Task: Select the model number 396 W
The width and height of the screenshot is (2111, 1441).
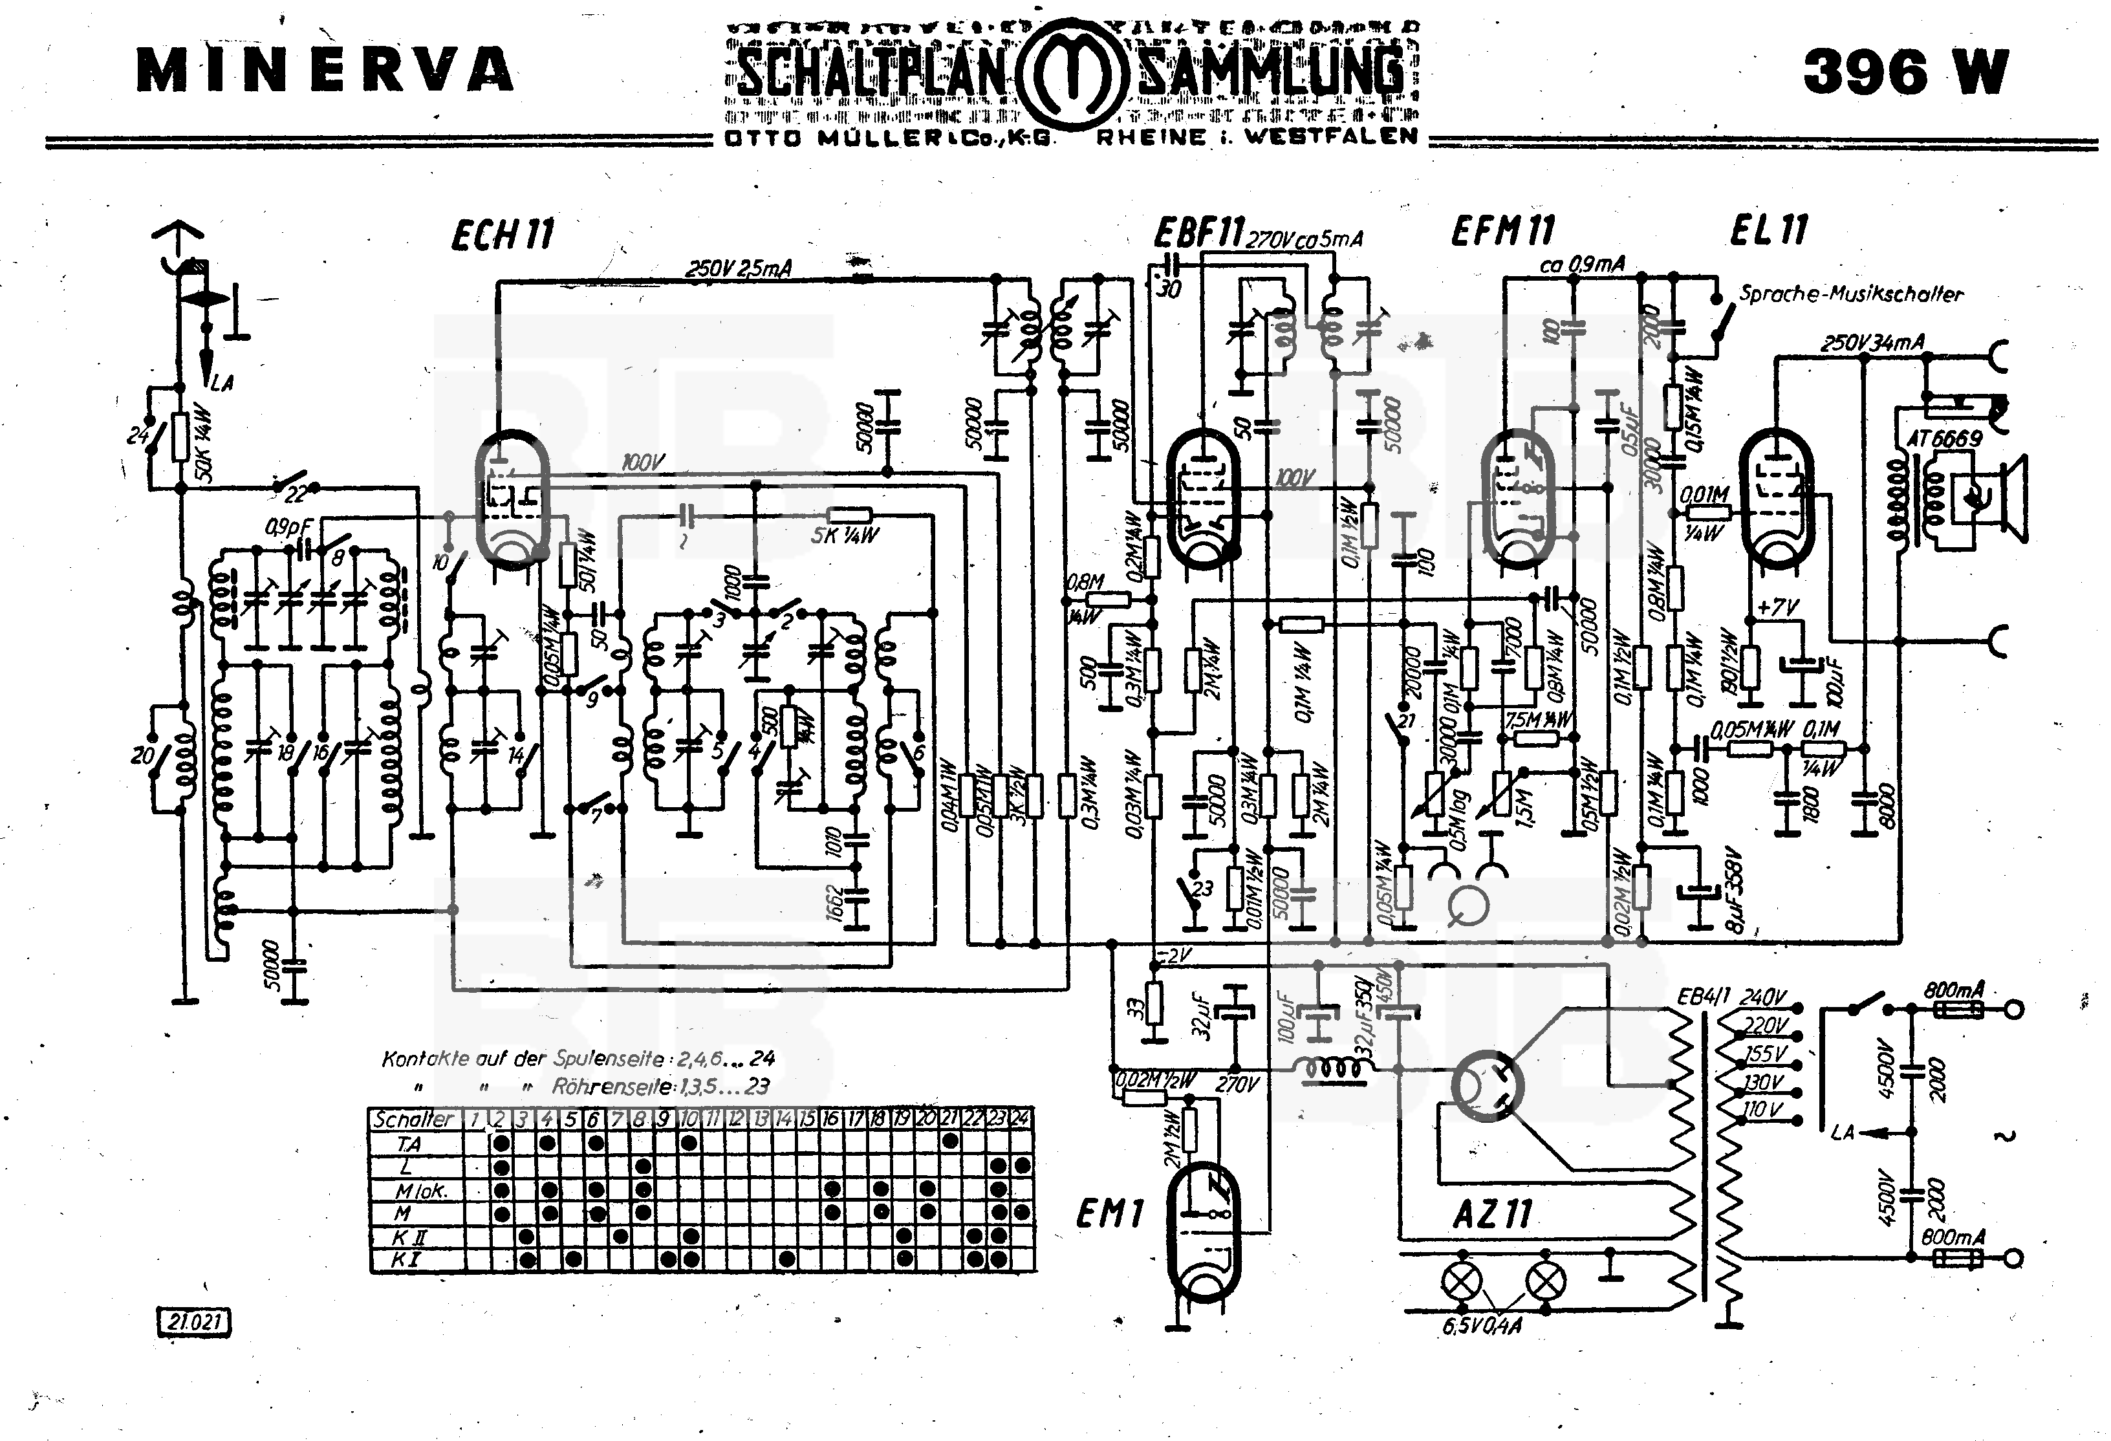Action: pos(1905,71)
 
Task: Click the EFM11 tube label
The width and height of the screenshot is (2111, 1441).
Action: pos(1502,231)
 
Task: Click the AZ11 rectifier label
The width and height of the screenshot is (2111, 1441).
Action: pos(1493,1214)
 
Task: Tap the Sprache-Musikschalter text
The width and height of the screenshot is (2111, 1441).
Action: pos(1850,294)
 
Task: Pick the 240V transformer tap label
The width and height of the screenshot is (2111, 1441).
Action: pos(1762,997)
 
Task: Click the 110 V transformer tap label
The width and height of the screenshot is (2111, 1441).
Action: pos(1762,1109)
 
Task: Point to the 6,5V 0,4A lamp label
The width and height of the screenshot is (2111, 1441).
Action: pos(1482,1327)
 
